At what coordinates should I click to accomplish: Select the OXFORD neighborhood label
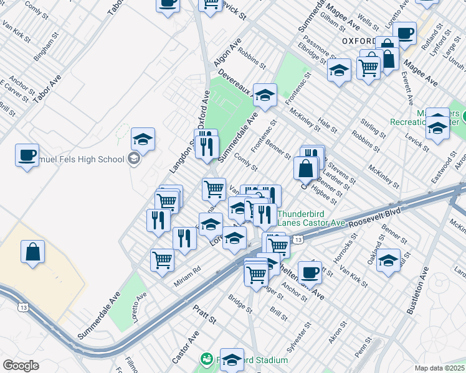[x=358, y=41]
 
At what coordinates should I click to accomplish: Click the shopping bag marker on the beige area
[x=33, y=252]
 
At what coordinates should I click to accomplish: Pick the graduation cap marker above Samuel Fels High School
[x=143, y=139]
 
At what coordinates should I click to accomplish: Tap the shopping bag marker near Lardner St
[x=307, y=168]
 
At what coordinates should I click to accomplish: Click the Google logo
[x=21, y=366]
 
